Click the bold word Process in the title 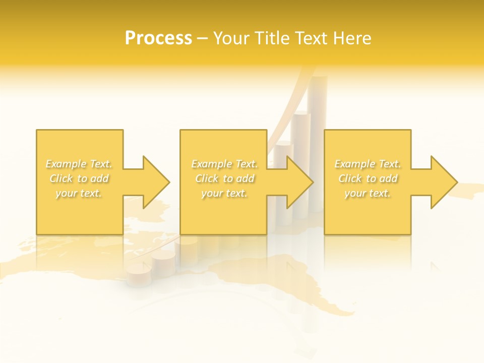pos(158,38)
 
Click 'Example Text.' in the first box pos(79,164)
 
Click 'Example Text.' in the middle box pos(224,164)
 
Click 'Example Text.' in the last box pos(368,164)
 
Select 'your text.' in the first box pos(79,193)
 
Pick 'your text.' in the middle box pos(224,193)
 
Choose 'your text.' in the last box pos(368,193)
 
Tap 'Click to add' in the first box pos(79,178)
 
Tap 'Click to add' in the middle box pos(224,178)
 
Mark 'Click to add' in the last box pos(368,178)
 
